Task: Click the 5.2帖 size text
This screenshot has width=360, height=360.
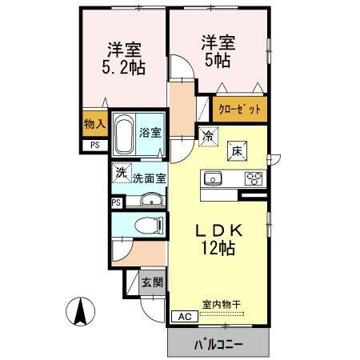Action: [123, 67]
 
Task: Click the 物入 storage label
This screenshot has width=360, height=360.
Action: [94, 124]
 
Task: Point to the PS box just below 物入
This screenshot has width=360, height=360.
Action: [94, 145]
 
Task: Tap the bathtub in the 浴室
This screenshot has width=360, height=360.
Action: [126, 135]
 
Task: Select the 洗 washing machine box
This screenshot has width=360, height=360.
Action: [121, 171]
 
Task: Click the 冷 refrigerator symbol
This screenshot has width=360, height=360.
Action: [206, 136]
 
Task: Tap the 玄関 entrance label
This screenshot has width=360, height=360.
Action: [152, 282]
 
